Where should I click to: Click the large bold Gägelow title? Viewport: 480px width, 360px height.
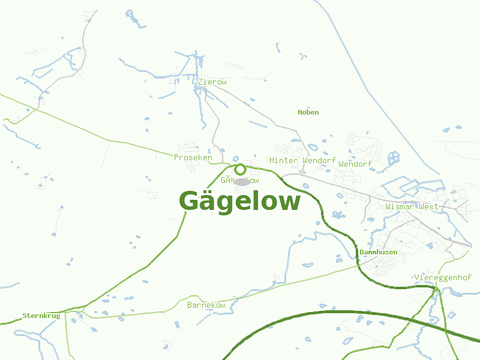[x=239, y=202]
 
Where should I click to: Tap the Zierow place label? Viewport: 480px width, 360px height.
[x=212, y=82]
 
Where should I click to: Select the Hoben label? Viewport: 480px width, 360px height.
[x=308, y=112]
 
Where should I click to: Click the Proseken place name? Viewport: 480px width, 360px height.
[x=193, y=157]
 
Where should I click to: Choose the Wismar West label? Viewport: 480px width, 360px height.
[x=412, y=206]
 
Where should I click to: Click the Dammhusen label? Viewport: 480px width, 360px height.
[x=378, y=253]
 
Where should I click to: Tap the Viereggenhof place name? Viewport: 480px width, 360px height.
[x=440, y=277]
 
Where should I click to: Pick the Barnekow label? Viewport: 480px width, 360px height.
[x=206, y=305]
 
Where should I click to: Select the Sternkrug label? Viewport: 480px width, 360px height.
[x=41, y=316]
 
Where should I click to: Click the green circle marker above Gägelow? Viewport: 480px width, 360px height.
[x=240, y=169]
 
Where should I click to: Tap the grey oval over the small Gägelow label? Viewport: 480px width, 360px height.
[x=242, y=181]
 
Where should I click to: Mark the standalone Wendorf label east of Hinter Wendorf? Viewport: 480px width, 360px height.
[x=355, y=164]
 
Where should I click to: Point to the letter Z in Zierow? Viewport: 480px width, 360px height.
[x=200, y=82]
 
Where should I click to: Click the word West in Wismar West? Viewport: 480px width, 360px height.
[x=428, y=206]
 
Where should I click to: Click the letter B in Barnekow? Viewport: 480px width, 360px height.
[x=190, y=305]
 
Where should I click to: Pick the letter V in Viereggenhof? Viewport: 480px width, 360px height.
[x=416, y=277]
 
